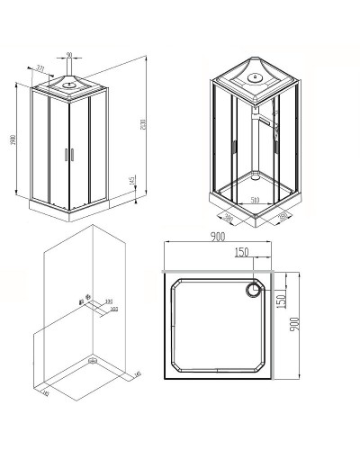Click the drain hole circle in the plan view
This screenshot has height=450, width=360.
click(255, 289)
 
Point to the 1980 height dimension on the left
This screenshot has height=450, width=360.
click(10, 139)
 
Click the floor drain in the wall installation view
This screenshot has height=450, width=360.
click(93, 363)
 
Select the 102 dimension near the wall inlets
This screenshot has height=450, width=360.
click(114, 309)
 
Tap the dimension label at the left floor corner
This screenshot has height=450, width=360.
click(44, 392)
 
